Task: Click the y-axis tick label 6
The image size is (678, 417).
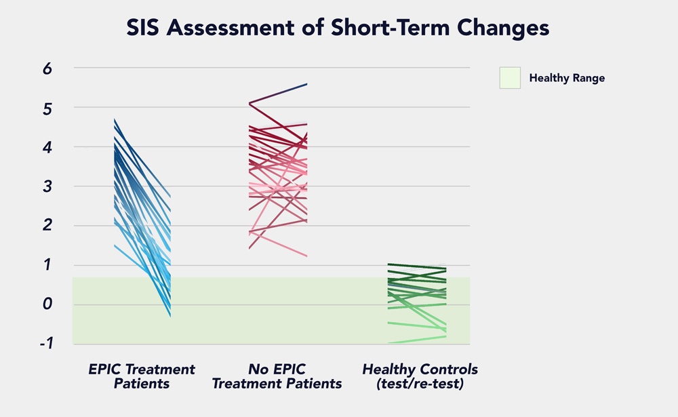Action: tap(47, 68)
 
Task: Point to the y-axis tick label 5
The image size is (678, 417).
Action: tap(47, 108)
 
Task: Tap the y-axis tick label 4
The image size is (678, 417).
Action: tap(47, 147)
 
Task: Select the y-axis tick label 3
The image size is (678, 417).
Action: tap(47, 186)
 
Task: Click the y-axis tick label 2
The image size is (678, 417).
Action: tap(47, 226)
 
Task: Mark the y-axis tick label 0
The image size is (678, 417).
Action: tap(47, 304)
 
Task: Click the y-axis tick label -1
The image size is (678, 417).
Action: tap(45, 344)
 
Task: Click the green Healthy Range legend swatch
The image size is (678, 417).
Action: tap(510, 77)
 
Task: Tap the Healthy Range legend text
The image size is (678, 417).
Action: tap(567, 78)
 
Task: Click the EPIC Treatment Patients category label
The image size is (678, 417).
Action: tap(142, 376)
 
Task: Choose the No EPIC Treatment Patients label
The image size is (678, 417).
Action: tap(277, 376)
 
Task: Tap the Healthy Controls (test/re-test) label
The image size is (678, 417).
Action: tap(420, 376)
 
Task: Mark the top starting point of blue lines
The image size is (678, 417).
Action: tap(115, 119)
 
